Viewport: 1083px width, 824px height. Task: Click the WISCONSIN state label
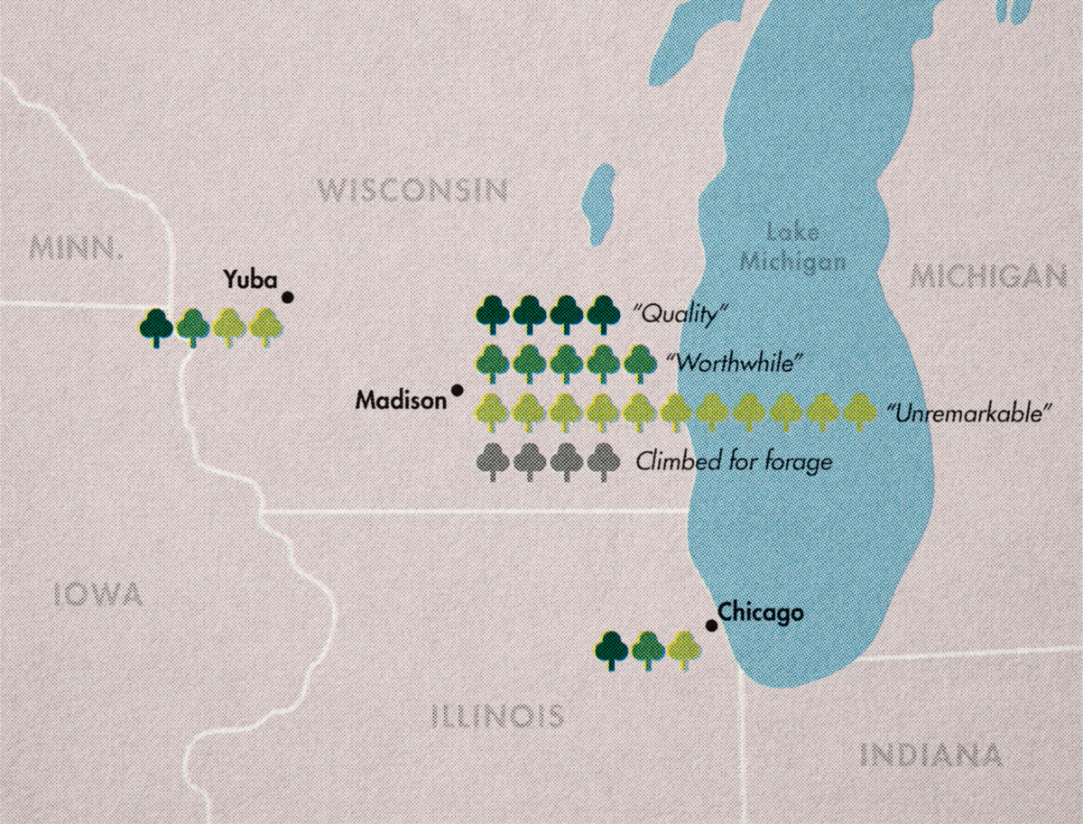(413, 190)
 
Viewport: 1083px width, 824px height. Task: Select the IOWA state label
(97, 594)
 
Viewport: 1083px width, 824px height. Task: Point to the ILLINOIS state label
(497, 717)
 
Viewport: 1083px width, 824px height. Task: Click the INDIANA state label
(930, 754)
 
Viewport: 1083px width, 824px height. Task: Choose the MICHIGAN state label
(988, 276)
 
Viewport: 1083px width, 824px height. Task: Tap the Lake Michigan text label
(792, 246)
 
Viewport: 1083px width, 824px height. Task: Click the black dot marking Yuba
(288, 297)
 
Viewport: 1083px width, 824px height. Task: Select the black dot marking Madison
(458, 390)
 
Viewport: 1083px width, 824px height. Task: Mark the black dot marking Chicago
(711, 625)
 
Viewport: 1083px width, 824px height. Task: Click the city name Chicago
(761, 614)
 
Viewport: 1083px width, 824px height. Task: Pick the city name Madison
(400, 400)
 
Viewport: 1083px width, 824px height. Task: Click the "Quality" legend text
(681, 315)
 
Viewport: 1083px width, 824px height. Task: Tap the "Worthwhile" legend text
(734, 362)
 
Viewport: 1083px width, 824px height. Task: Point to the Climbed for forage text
(733, 462)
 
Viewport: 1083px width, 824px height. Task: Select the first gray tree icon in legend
(492, 461)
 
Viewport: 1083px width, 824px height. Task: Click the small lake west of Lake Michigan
(597, 202)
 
